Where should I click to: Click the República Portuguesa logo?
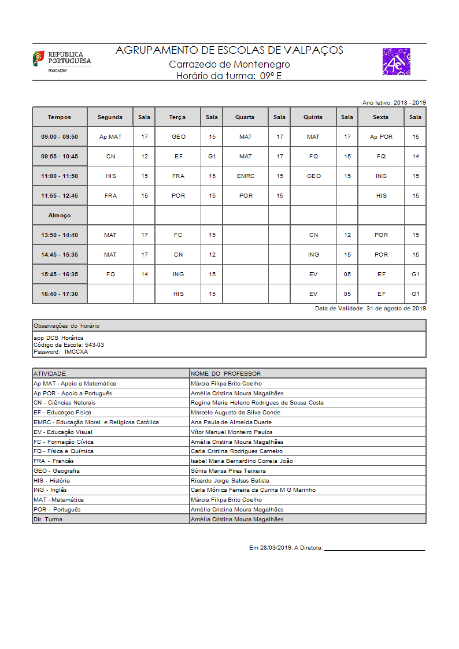click(61, 61)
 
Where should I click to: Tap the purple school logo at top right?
click(396, 62)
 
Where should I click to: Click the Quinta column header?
click(313, 117)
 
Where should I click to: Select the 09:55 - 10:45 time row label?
click(60, 157)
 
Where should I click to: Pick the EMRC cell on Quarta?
click(245, 176)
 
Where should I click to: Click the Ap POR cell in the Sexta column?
click(381, 137)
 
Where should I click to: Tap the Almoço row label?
click(60, 216)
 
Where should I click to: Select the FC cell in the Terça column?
click(178, 235)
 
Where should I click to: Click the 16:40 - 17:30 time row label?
click(60, 294)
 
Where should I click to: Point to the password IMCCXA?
click(76, 352)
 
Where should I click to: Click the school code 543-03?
click(94, 345)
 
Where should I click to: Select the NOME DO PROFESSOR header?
click(225, 374)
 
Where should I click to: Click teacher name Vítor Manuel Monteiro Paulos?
click(231, 432)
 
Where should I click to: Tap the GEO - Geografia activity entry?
click(57, 471)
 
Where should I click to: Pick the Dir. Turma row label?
click(48, 520)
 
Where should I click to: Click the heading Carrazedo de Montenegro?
click(229, 65)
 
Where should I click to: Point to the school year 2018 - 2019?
click(410, 102)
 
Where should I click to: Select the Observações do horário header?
click(66, 326)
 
